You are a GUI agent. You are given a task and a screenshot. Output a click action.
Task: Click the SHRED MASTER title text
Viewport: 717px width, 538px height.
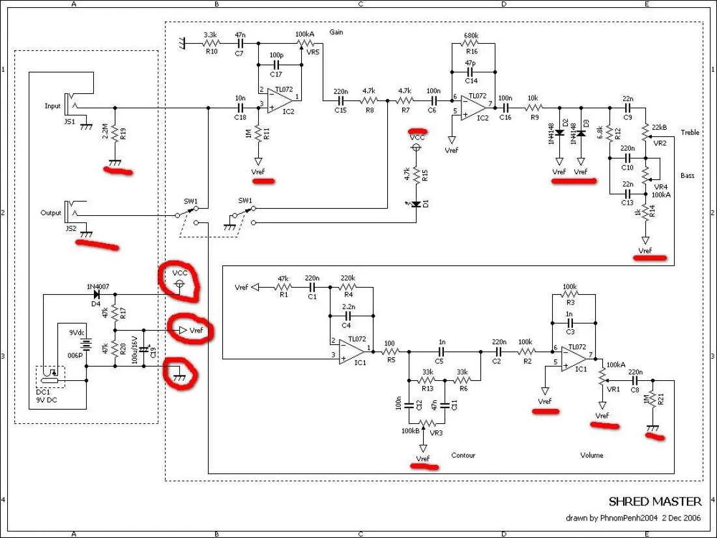click(655, 501)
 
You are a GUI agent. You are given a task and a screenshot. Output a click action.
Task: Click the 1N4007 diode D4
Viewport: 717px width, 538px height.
click(96, 295)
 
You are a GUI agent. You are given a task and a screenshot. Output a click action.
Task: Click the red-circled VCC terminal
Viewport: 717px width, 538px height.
click(181, 285)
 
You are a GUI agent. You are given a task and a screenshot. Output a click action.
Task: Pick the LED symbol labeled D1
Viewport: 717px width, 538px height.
click(417, 205)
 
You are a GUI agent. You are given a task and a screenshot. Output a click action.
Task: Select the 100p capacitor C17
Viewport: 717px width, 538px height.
click(276, 65)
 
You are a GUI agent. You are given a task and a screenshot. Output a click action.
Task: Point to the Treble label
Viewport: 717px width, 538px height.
click(690, 132)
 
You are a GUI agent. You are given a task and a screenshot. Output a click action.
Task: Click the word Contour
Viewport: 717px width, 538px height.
click(463, 455)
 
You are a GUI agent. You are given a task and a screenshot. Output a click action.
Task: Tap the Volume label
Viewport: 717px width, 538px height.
click(591, 455)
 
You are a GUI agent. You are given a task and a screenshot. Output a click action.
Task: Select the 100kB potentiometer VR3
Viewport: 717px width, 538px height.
click(424, 425)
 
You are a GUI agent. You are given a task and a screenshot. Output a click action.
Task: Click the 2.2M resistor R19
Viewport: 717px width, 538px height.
click(115, 133)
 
